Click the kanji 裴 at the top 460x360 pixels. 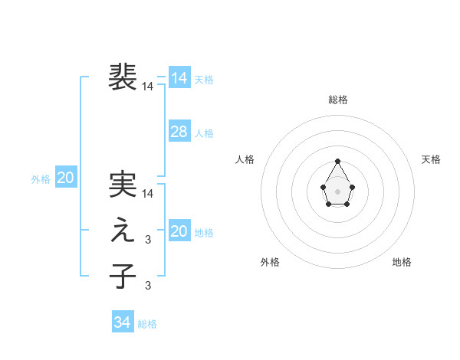pyautogui.click(x=123, y=77)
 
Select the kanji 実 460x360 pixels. pyautogui.click(x=123, y=185)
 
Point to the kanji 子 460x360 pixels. pyautogui.click(x=123, y=276)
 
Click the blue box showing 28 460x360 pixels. pyautogui.click(x=179, y=132)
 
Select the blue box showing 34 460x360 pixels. pyautogui.click(x=122, y=322)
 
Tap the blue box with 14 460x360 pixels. pyautogui.click(x=179, y=78)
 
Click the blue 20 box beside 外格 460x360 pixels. pyautogui.click(x=65, y=178)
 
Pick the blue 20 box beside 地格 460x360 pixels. pyautogui.click(x=179, y=231)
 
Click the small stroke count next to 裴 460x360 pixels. pyautogui.click(x=148, y=87)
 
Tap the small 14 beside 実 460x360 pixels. pyautogui.click(x=148, y=195)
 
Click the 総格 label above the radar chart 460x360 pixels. pyautogui.click(x=338, y=100)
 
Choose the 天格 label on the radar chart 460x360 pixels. pyautogui.click(x=432, y=159)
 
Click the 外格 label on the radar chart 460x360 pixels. pyautogui.click(x=270, y=262)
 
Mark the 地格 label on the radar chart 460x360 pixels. pyautogui.click(x=402, y=262)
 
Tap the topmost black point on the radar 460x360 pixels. pyautogui.click(x=337, y=161)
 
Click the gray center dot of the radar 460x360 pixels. pyautogui.click(x=337, y=190)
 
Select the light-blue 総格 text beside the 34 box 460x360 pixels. pyautogui.click(x=147, y=324)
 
